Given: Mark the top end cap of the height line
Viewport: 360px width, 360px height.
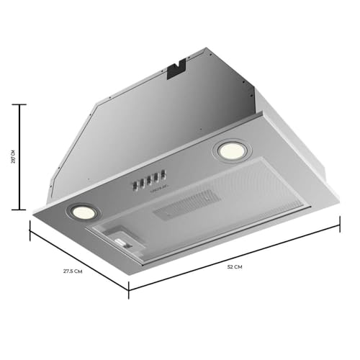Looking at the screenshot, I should (x=22, y=105).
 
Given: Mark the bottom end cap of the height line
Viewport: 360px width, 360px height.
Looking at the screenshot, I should (x=22, y=210).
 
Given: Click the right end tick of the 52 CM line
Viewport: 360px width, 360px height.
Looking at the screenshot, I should (x=339, y=226).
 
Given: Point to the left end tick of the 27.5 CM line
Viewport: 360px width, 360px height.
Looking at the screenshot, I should (x=31, y=230).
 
